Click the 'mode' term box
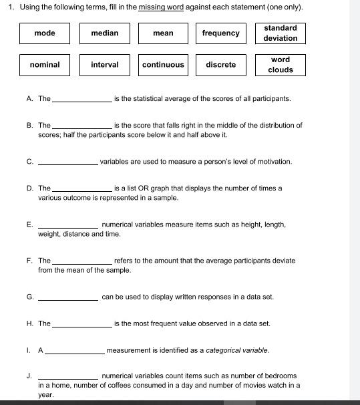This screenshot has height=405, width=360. click(45, 33)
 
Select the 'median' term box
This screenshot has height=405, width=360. click(105, 33)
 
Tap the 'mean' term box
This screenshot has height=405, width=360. click(163, 33)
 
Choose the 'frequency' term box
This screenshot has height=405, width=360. click(221, 33)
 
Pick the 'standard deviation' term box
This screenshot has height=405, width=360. click(281, 33)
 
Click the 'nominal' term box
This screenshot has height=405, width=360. click(45, 65)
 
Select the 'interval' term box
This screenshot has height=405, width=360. click(105, 65)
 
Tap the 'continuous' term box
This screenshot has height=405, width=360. click(163, 65)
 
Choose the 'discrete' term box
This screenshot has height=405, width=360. click(221, 65)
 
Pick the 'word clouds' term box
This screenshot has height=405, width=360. click(281, 65)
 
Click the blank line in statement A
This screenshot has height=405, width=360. click(81, 100)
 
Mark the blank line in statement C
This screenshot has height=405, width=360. click(68, 163)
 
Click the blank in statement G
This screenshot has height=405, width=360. click(68, 299)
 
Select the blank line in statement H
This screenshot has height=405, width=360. click(81, 325)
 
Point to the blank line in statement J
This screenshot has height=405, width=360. click(68, 378)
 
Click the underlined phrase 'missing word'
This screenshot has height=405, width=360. click(161, 7)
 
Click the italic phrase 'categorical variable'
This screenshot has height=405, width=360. click(237, 350)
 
